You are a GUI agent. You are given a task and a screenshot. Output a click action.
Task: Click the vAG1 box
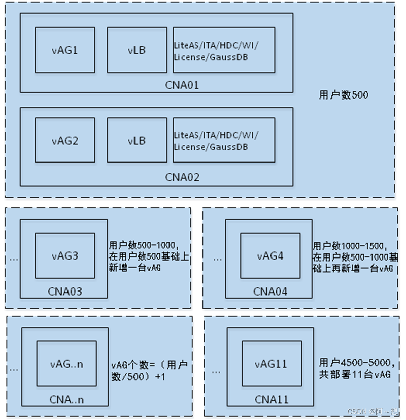point(64,50)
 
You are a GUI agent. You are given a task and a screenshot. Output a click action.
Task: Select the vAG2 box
point(64,141)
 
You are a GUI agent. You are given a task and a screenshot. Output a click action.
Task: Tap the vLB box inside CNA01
point(137,50)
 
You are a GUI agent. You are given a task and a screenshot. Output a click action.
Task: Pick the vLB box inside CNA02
point(137,141)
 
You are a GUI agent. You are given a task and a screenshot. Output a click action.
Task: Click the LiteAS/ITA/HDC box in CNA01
point(223,50)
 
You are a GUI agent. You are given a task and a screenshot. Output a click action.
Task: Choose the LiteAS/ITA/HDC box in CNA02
point(223,141)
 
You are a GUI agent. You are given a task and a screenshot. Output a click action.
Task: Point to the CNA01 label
point(182,85)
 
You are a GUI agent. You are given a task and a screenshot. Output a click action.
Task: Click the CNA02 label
point(182,177)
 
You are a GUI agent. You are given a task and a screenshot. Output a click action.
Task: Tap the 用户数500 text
point(344,95)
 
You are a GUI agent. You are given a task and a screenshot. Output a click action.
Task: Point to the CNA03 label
point(64,292)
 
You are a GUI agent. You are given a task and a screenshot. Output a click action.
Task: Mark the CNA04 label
point(270,292)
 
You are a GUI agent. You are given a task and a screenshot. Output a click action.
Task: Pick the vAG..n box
point(66,364)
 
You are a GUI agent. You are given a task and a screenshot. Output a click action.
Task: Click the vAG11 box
point(272,364)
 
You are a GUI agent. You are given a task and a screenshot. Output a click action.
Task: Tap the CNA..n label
point(66,399)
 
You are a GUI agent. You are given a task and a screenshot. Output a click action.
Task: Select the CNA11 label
point(272,399)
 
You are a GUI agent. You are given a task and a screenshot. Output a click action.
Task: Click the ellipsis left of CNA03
point(14,259)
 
